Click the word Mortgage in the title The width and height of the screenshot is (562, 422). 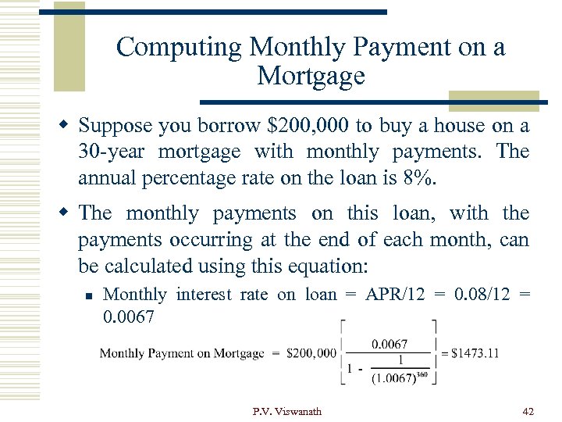(x=310, y=76)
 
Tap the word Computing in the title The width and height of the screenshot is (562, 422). (x=179, y=47)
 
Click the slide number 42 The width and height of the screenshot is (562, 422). (x=528, y=411)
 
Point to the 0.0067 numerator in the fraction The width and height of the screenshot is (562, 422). (x=388, y=343)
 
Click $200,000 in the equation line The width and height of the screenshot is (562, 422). (x=311, y=353)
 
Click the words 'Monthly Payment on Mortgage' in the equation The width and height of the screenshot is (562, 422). (x=182, y=353)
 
